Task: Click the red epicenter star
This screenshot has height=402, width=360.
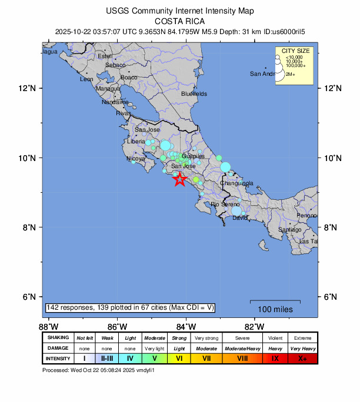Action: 180,180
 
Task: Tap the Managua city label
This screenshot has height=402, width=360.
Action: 108,89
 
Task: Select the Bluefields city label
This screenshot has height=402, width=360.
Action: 194,93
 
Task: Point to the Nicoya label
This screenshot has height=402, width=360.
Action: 136,159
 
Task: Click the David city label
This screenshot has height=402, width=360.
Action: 240,218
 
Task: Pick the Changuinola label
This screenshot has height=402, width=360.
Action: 236,183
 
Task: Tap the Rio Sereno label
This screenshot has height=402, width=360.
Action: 223,204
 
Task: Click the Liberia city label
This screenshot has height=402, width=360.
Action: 136,142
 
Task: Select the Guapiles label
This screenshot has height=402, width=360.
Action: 193,156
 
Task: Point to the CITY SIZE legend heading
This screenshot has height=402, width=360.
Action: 296,51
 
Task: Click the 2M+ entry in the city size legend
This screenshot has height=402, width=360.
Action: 291,75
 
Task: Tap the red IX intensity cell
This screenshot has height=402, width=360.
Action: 275,359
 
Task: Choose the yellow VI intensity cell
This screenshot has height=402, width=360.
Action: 179,359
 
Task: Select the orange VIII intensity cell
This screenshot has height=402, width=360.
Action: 243,359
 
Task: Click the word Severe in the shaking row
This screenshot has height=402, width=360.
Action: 243,338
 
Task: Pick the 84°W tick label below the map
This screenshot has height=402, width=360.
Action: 186,326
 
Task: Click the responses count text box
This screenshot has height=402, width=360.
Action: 129,308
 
